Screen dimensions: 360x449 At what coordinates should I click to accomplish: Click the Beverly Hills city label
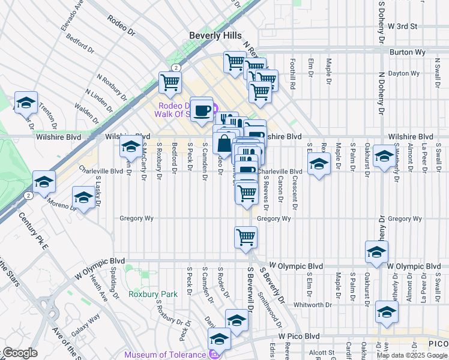[215, 35]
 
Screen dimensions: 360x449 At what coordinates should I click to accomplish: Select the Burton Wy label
[408, 52]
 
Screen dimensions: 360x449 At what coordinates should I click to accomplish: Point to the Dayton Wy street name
[403, 73]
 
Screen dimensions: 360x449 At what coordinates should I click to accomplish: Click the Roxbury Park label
[153, 294]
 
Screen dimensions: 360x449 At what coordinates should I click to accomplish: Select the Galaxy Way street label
[86, 322]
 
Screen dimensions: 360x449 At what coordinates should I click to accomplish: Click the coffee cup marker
[202, 109]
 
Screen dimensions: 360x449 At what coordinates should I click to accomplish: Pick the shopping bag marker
[223, 144]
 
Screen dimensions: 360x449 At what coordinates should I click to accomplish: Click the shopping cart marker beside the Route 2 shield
[170, 82]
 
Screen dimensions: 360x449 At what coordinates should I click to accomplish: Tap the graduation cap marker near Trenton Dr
[26, 103]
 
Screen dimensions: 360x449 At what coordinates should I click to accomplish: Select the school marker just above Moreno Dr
[83, 197]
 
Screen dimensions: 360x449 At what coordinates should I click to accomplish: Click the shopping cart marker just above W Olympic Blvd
[246, 237]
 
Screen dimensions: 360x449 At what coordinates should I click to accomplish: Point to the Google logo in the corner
[20, 353]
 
